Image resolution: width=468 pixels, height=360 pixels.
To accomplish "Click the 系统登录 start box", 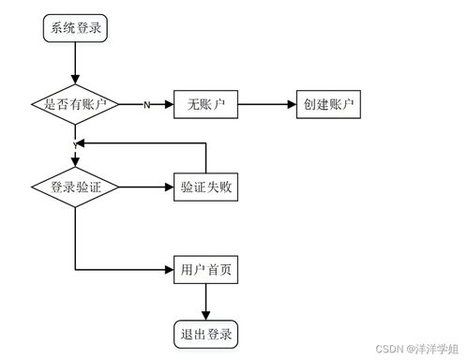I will click(x=75, y=29).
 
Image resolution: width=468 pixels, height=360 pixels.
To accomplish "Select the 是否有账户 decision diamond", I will click(x=75, y=105).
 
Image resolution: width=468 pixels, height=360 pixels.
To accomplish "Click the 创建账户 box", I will click(x=328, y=105).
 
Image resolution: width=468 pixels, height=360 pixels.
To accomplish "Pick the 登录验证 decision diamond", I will click(x=75, y=187).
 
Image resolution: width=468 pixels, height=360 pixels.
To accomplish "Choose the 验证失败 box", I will click(x=206, y=187).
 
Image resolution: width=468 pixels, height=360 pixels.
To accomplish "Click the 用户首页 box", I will click(x=205, y=270).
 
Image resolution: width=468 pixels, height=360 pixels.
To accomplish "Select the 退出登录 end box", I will click(x=204, y=333).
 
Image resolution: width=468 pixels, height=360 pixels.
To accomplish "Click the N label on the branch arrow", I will click(x=145, y=105).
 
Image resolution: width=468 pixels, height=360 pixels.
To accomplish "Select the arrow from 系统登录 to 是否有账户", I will click(x=75, y=64).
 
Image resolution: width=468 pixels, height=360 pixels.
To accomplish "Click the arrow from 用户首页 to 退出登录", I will click(x=204, y=301).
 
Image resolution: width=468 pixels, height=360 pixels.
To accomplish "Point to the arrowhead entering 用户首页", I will click(x=168, y=270).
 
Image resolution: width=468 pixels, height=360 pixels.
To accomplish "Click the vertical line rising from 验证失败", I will click(x=206, y=158).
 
